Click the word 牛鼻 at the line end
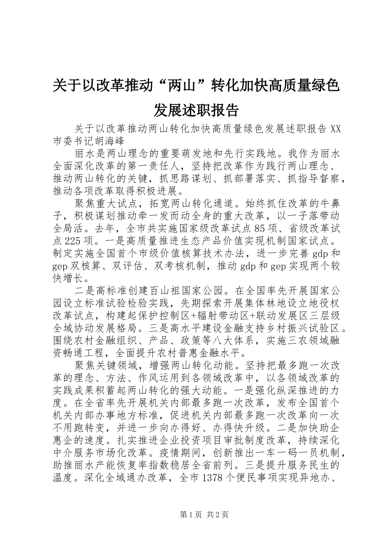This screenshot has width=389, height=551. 329,203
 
